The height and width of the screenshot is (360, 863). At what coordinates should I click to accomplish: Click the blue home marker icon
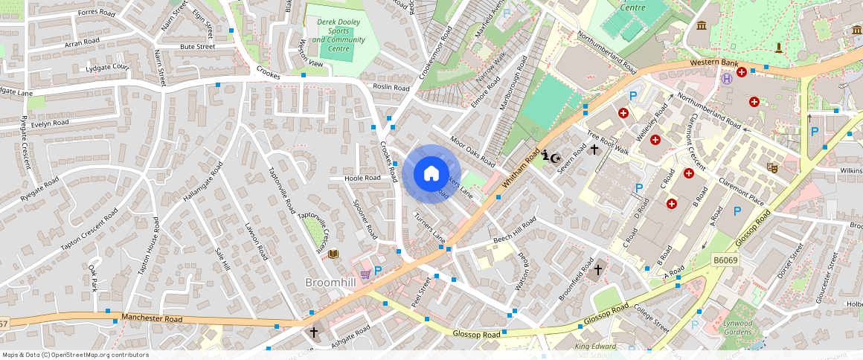tap(431, 174)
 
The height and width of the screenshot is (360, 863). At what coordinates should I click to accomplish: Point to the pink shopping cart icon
tap(365, 274)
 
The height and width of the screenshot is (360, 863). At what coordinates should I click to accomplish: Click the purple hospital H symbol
tap(725, 79)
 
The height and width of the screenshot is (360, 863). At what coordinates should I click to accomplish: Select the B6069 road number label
tap(726, 260)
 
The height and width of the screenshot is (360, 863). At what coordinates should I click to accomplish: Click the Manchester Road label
tap(153, 318)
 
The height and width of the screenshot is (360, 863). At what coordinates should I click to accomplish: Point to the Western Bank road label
tap(712, 62)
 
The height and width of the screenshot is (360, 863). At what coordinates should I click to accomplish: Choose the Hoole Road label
tap(363, 179)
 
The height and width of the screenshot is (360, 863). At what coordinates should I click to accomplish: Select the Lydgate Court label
tap(107, 68)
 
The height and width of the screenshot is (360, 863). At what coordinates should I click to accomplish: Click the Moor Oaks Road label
tap(472, 151)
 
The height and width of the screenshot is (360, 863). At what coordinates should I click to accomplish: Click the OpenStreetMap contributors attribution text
tap(76, 355)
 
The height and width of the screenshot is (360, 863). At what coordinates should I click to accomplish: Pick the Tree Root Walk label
tap(608, 144)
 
